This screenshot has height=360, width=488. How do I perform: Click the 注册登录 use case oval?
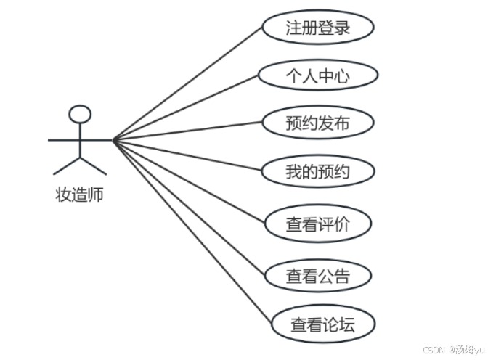(317, 28)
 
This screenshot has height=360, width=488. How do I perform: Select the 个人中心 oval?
(317, 76)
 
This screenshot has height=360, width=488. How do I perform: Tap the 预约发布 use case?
(317, 123)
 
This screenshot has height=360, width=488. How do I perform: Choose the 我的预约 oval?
(317, 172)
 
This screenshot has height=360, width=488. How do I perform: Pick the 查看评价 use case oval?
(317, 224)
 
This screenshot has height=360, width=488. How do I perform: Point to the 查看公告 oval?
(317, 275)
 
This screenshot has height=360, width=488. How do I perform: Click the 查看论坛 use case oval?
(322, 324)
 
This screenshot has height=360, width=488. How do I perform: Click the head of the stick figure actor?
(80, 114)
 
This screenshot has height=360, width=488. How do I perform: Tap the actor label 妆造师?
(80, 195)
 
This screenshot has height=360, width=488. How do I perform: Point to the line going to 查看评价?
(189, 181)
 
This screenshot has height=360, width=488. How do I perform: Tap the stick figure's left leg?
(66, 166)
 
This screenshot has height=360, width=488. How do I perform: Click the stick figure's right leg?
(94, 166)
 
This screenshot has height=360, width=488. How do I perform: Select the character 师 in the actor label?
(96, 195)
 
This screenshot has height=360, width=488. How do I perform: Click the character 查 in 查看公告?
(294, 276)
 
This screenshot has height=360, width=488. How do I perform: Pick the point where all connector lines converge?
(113, 139)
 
